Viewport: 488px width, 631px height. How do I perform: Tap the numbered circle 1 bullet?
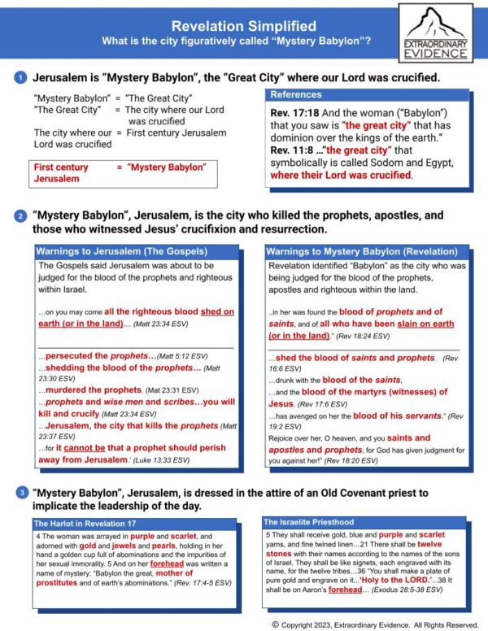click(x=19, y=78)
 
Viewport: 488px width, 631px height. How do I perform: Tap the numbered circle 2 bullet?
click(x=19, y=217)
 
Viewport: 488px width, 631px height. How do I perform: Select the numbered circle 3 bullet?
click(x=19, y=492)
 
